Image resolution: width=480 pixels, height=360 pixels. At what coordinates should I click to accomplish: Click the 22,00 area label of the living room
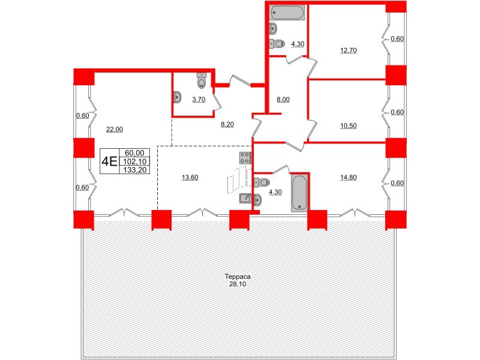(114, 128)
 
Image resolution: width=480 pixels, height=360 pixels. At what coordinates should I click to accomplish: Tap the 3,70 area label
(199, 100)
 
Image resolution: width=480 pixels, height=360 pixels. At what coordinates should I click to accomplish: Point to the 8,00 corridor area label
(283, 100)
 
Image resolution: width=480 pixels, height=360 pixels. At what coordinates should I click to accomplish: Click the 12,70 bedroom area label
(348, 50)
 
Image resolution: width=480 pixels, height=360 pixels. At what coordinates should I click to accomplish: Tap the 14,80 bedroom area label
(348, 177)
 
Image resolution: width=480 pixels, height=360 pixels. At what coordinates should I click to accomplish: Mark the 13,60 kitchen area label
(191, 177)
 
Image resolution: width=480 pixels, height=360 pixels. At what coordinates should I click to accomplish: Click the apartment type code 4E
(109, 161)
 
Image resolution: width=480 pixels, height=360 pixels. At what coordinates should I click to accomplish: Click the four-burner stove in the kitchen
(245, 158)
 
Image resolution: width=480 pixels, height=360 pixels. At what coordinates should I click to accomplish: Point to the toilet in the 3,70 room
(202, 79)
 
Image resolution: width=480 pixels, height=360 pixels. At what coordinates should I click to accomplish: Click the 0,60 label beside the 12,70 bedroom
(397, 40)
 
